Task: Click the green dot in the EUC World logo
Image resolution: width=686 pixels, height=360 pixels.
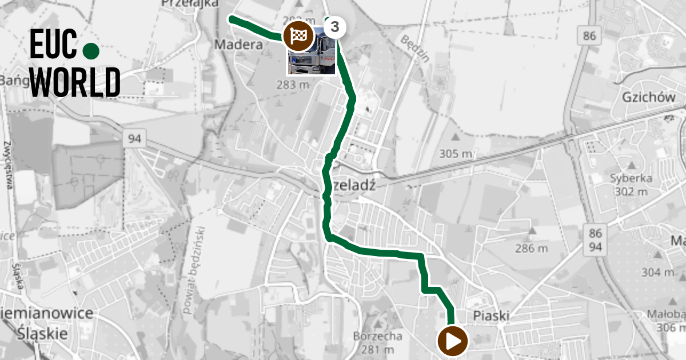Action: click(91, 51)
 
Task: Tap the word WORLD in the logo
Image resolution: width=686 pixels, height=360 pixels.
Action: click(75, 82)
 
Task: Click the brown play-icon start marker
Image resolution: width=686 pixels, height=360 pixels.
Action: click(453, 342)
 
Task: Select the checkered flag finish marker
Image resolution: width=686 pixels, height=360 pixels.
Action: click(298, 35)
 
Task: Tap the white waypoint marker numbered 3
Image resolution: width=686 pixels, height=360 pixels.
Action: click(335, 26)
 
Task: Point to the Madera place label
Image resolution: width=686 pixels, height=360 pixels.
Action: click(235, 44)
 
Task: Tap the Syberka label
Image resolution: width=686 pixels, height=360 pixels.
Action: click(631, 178)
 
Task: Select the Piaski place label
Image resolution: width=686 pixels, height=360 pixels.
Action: click(491, 316)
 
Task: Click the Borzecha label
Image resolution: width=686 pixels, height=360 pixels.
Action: click(378, 336)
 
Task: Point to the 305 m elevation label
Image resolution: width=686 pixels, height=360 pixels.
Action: click(456, 153)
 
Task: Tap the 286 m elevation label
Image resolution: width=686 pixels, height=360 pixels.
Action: click(531, 248)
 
